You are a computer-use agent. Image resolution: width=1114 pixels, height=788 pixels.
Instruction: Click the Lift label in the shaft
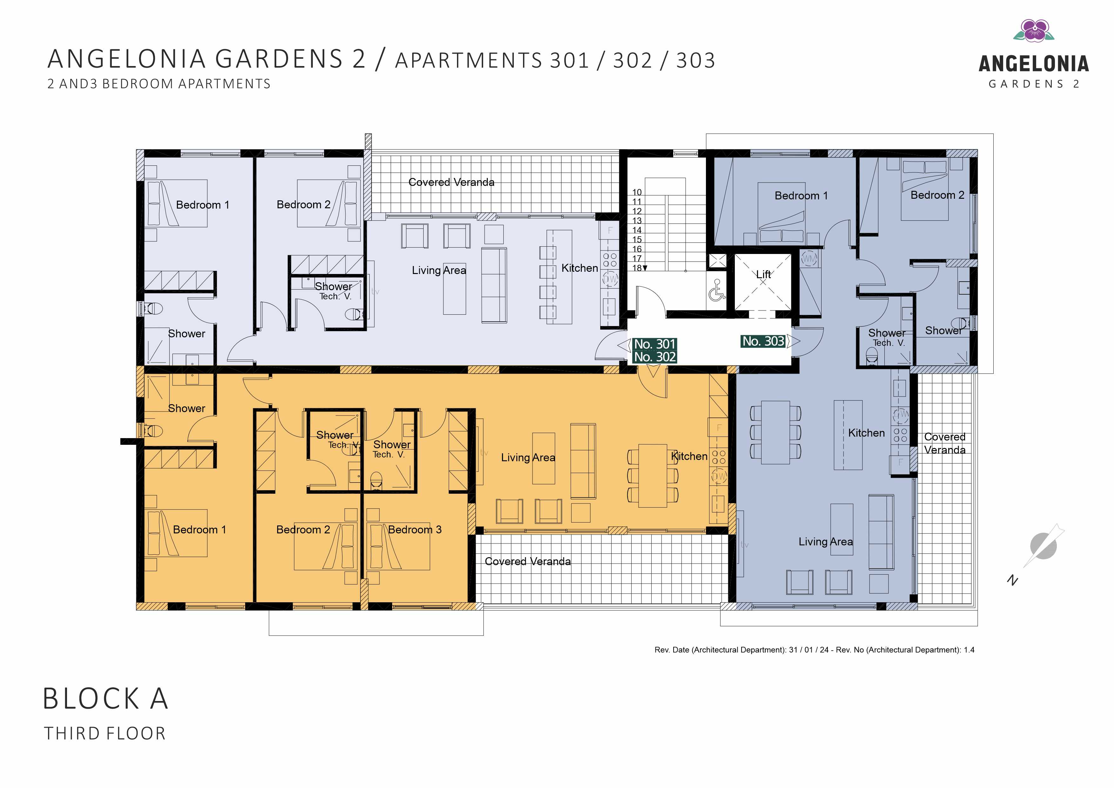tap(763, 274)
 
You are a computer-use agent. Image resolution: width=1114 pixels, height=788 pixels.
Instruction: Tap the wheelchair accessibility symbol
tap(716, 290)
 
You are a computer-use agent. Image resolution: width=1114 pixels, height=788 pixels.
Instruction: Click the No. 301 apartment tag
tap(654, 344)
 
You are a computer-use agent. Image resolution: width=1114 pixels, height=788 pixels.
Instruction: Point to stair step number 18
tap(637, 268)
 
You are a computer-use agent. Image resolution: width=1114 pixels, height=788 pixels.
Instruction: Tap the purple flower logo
tap(1033, 30)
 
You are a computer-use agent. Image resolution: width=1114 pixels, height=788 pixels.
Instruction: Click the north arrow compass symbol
tap(1043, 546)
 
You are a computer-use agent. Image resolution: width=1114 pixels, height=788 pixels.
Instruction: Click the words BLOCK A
tap(105, 699)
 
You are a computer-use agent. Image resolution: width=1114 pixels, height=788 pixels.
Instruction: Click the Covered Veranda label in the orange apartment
tap(528, 561)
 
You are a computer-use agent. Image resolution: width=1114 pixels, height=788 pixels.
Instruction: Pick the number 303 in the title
tap(696, 61)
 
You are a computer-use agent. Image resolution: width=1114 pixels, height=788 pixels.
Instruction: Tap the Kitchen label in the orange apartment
tap(689, 456)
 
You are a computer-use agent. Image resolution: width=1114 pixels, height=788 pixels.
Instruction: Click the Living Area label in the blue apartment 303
tap(826, 542)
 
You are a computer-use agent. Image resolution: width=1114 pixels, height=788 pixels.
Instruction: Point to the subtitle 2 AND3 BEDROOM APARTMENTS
tap(159, 84)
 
